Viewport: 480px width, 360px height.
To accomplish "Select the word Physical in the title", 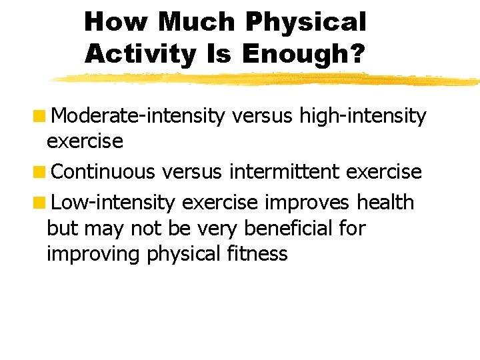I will [x=306, y=22].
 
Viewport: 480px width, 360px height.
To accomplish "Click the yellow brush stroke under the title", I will [x=267, y=79].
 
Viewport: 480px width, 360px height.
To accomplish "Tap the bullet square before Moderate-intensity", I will [x=41, y=117].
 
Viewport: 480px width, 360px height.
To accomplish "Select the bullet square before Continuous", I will [x=41, y=173].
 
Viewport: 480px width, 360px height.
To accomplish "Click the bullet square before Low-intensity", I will [x=41, y=202].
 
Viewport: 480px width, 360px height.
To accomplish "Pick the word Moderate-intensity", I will [x=138, y=117].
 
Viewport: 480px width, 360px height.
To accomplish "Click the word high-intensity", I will [x=363, y=117].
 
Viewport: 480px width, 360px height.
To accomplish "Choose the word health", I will [x=386, y=202].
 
